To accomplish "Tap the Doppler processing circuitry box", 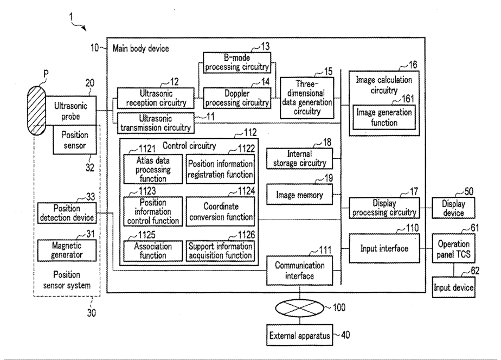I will tap(236, 98).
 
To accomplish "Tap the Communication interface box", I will tap(299, 270).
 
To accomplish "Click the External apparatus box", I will tap(299, 336).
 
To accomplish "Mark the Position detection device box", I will tap(67, 213).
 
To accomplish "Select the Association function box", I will tap(152, 250).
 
